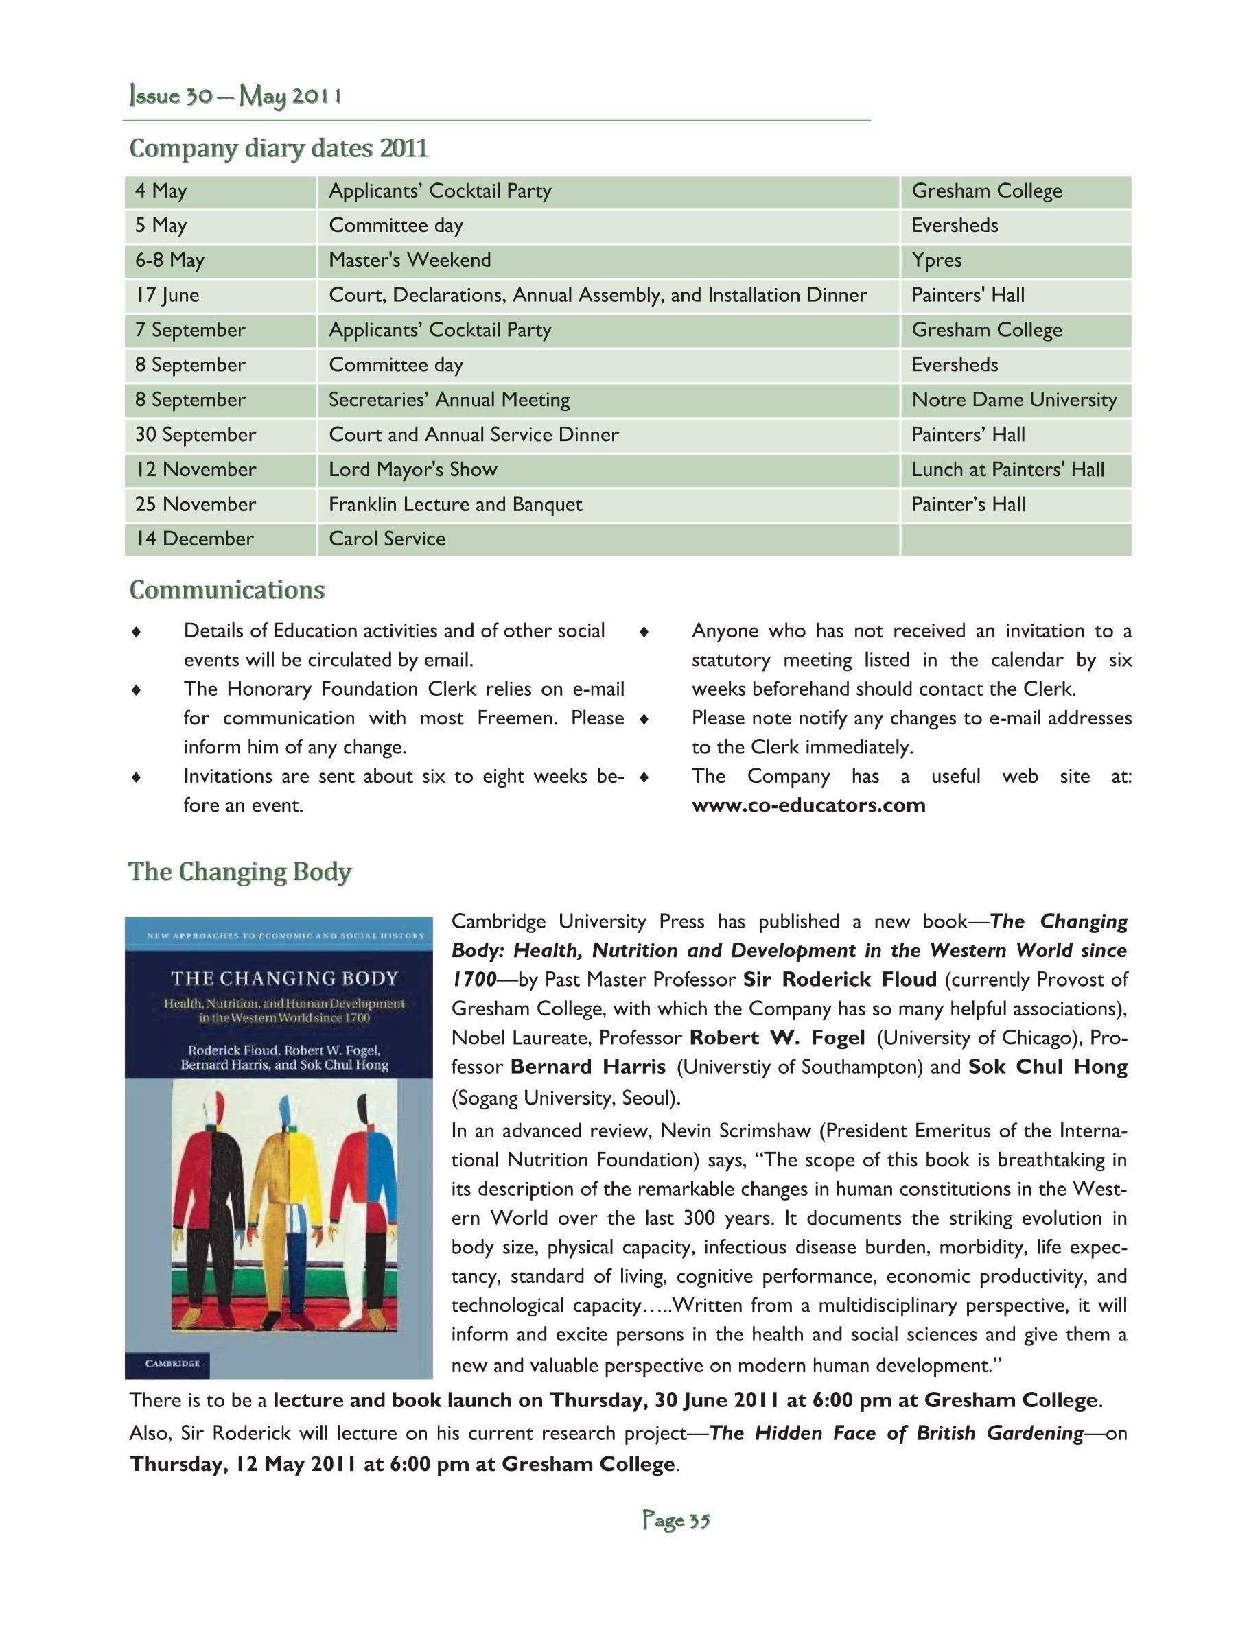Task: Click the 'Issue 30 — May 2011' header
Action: [x=236, y=96]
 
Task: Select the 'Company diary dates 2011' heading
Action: [x=279, y=147]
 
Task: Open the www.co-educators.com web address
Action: [x=808, y=805]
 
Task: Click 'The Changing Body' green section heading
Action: [x=240, y=872]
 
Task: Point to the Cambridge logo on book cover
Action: [x=172, y=1364]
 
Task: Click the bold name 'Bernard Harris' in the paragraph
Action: [x=587, y=1067]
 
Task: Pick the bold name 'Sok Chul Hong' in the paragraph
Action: [x=1047, y=1067]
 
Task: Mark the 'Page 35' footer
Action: [x=675, y=1520]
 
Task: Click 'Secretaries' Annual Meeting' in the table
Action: [x=449, y=400]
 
